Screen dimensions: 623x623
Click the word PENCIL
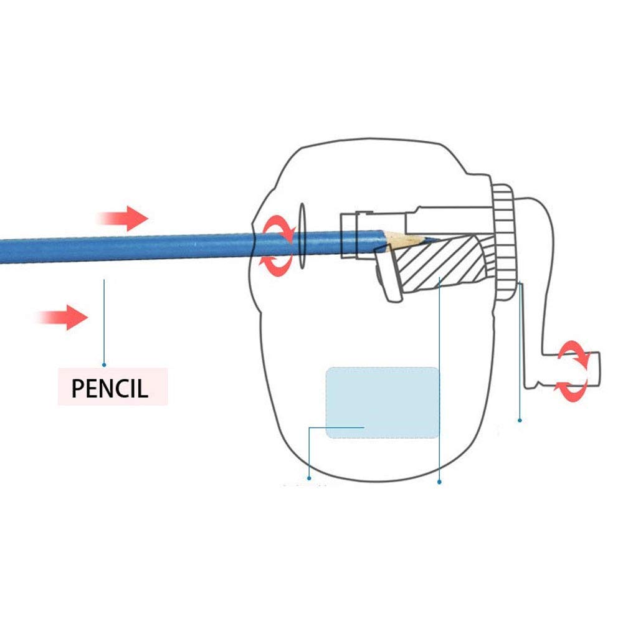[110, 388]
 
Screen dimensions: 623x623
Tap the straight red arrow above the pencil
[122, 219]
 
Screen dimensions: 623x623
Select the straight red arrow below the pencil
[62, 318]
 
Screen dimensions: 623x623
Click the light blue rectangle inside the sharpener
[383, 402]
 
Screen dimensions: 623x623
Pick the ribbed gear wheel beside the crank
[504, 242]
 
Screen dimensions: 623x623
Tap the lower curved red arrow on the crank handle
[571, 391]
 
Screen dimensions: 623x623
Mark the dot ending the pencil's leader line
[104, 364]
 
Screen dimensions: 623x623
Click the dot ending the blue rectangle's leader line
[309, 478]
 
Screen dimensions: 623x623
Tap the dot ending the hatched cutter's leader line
[439, 482]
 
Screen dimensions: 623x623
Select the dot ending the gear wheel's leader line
[520, 420]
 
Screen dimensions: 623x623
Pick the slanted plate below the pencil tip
[388, 273]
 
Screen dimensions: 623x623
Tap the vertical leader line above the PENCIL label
[104, 322]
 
